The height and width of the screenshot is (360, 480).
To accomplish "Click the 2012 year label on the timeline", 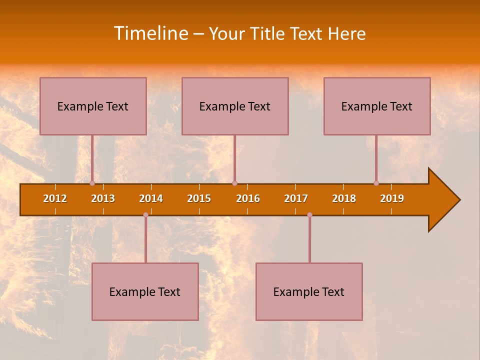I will [55, 198].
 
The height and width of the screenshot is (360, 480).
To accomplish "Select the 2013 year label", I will [103, 198].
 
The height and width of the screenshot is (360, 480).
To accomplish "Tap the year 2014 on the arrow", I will [151, 198].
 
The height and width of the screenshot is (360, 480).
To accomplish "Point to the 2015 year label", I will [199, 198].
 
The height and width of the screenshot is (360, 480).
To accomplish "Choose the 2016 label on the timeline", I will [248, 198].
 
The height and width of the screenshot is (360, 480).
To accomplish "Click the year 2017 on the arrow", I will [296, 198].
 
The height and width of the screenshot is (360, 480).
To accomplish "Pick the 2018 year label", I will [344, 198].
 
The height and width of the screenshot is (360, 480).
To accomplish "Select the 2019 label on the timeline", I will [392, 198].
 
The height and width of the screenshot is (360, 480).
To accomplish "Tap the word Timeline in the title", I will [150, 33].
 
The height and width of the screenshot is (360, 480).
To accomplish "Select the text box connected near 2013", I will [93, 106].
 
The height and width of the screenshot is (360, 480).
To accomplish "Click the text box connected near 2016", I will [235, 106].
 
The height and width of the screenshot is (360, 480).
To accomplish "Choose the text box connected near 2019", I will [377, 106].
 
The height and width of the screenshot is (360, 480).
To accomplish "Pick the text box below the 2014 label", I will [145, 291].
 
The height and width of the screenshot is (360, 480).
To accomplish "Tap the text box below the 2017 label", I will [309, 291].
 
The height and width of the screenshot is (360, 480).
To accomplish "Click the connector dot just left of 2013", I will [92, 183].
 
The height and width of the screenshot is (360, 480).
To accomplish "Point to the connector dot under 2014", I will [145, 215].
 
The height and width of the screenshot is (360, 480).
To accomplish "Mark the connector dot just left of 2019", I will [376, 183].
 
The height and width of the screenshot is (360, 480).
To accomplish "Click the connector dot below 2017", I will [309, 215].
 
